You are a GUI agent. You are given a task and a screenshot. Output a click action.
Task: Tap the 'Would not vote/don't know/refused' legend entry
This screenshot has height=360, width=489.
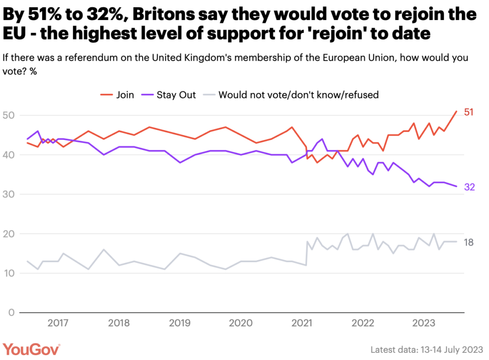pyautogui.click(x=291, y=95)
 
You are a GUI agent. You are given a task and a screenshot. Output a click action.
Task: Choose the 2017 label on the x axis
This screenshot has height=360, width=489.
pyautogui.click(x=58, y=323)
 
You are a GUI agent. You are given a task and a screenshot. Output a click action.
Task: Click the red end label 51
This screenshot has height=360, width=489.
pyautogui.click(x=468, y=112)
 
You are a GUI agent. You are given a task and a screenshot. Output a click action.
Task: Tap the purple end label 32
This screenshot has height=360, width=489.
pyautogui.click(x=469, y=187)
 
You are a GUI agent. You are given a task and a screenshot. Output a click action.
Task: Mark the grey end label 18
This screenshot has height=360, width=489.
pyautogui.click(x=468, y=243)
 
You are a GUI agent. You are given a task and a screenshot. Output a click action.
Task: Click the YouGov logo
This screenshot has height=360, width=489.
pyautogui.click(x=32, y=349)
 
